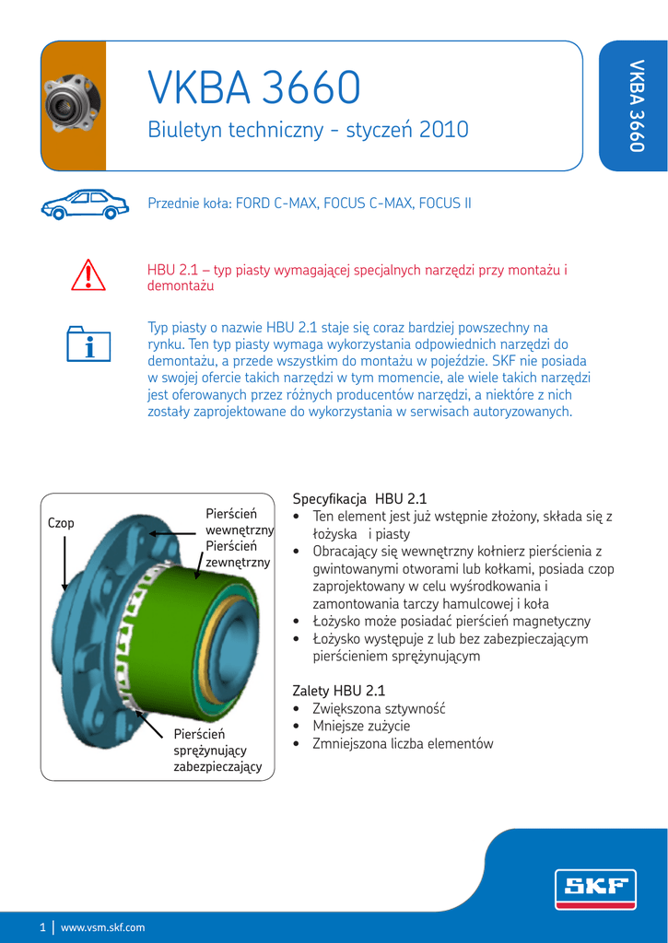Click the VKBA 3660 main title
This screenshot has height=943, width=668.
[x=254, y=88]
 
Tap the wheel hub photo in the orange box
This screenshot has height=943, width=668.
[x=72, y=103]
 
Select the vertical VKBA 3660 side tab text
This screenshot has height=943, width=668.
[x=635, y=105]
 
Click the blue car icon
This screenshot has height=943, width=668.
[x=85, y=204]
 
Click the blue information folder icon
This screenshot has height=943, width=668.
[x=89, y=343]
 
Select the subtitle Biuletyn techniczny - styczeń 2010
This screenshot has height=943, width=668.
[x=308, y=131]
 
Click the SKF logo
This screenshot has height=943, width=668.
[x=594, y=888]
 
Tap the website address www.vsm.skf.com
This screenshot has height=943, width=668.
[x=102, y=927]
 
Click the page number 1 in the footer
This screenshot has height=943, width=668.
[x=42, y=927]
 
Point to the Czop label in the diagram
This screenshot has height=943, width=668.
[x=61, y=523]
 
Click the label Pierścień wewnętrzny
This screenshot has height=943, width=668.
[x=239, y=521]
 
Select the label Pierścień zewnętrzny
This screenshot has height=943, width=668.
[x=238, y=553]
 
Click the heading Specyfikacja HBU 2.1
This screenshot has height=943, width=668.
[x=359, y=498]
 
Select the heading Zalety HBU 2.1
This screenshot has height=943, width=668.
[x=338, y=691]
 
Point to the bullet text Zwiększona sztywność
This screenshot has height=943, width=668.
[x=379, y=708]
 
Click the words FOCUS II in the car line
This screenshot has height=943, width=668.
[x=445, y=203]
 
